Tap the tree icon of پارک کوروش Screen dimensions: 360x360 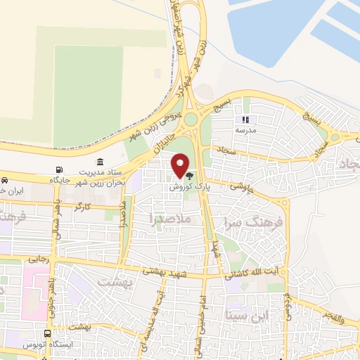point(189,176)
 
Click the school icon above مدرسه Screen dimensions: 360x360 point(245,120)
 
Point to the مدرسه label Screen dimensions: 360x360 point(245,131)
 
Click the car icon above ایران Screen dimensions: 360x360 point(5,180)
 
